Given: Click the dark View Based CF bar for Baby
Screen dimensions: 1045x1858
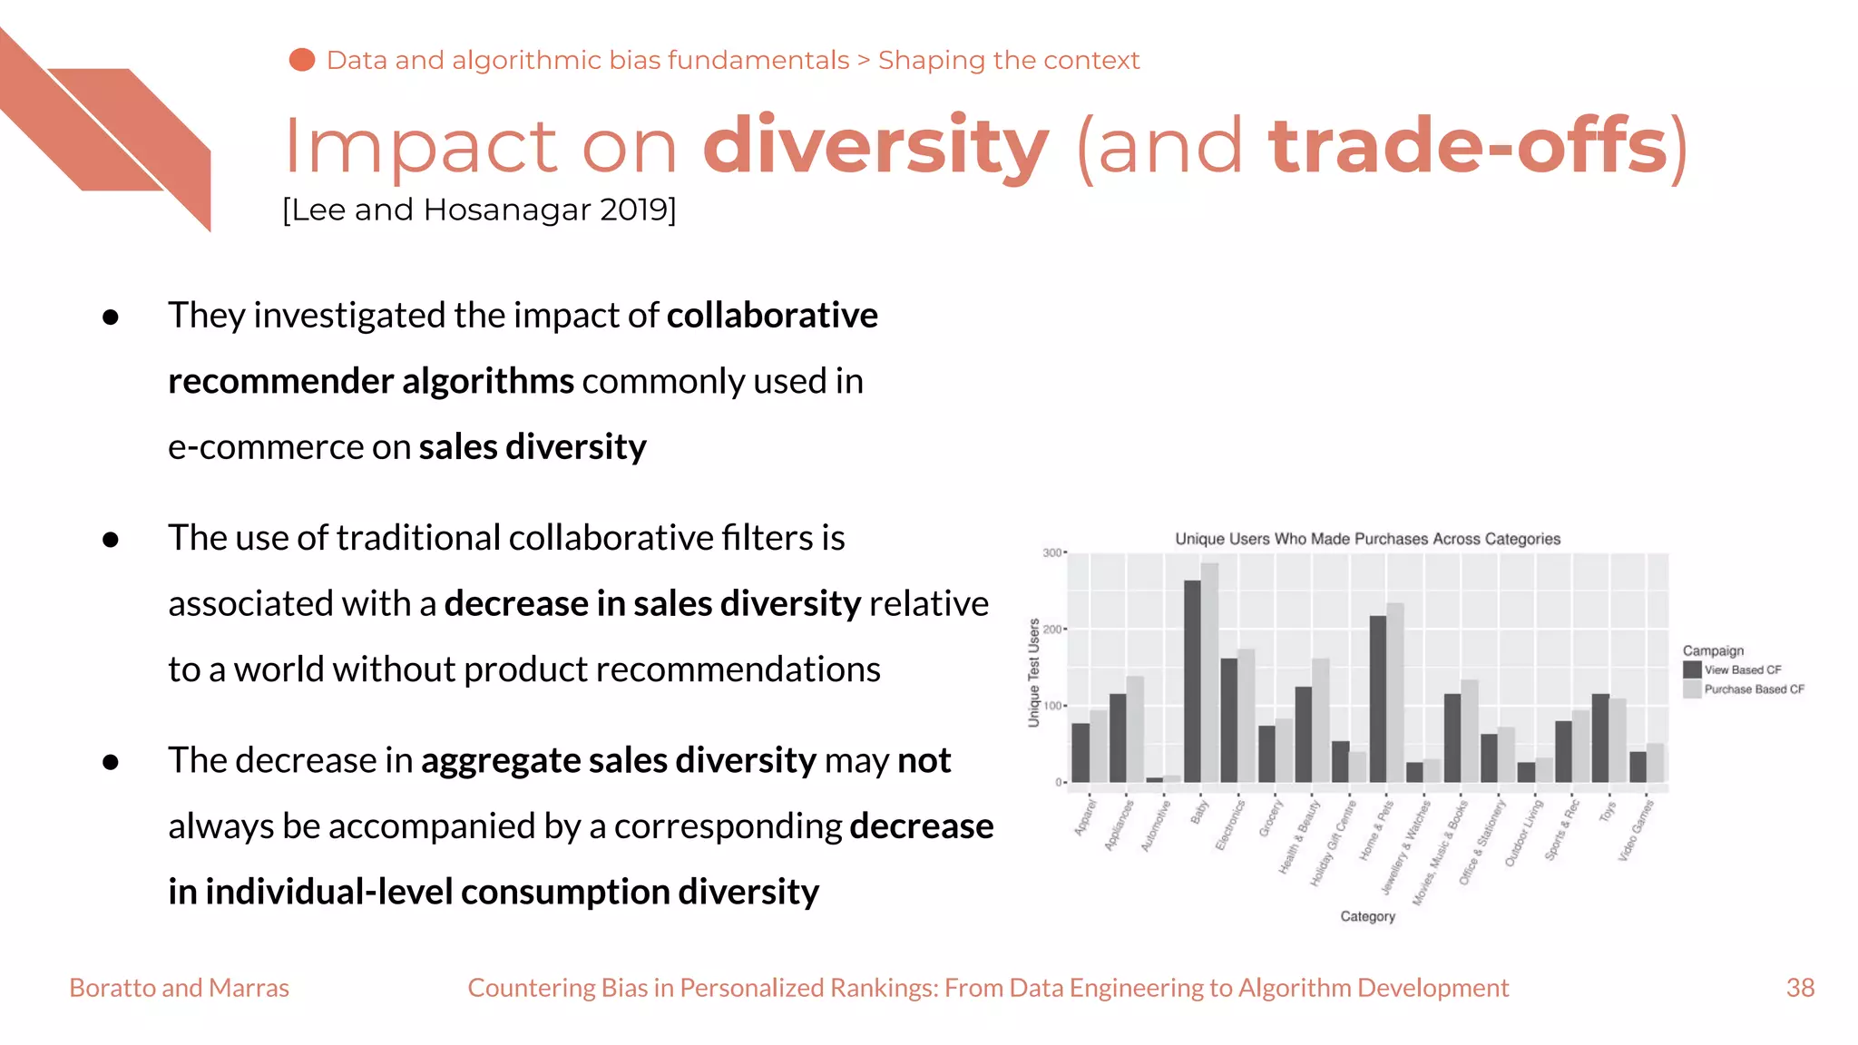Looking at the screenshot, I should pos(1192,680).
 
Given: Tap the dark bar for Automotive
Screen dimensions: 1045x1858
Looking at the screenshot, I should pos(1154,779).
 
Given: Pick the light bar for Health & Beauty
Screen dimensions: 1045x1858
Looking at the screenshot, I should pos(1321,720).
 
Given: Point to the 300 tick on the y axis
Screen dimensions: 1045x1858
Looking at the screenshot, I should pos(1051,552).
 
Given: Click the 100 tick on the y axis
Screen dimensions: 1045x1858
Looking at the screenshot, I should pos(1051,706).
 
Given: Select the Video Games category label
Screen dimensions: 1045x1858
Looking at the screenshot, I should pos(1637,831).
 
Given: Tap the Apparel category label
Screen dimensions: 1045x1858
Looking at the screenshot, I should pos(1085,817).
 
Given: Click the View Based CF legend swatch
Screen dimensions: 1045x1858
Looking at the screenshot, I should pos(1692,669).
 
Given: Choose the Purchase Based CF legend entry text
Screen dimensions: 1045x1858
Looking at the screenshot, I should pos(1754,689).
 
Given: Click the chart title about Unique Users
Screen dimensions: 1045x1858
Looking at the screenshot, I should pos(1367,539).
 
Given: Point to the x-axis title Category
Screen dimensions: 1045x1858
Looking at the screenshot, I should pos(1367,916).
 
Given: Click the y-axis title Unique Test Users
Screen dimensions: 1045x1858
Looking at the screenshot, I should pos(1033,672).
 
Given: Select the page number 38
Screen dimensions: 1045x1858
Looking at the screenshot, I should pos(1800,988).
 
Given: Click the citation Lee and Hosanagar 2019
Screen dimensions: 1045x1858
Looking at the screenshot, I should pos(479,210).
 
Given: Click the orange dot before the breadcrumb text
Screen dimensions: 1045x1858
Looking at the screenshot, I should pos(302,60).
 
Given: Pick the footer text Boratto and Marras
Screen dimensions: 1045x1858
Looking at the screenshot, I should pos(179,988).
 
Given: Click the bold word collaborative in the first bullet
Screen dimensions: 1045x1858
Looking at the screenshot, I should pos(772,316).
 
